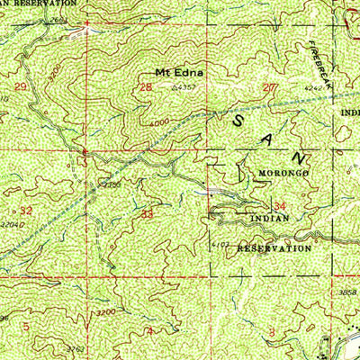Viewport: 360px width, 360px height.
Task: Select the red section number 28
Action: tap(146, 86)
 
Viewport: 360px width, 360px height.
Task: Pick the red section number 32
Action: tap(26, 210)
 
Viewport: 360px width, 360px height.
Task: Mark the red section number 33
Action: tap(148, 214)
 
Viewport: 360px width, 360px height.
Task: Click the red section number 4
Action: tap(149, 331)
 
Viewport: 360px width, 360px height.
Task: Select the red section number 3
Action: tap(272, 331)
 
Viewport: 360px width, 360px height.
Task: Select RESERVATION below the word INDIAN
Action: tap(274, 246)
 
